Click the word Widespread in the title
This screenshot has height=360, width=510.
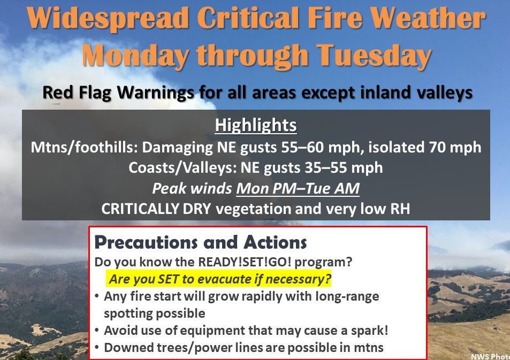[108, 18]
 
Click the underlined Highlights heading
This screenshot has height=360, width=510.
[256, 125]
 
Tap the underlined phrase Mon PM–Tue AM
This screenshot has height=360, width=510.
[298, 188]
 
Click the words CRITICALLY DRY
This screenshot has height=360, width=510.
[156, 209]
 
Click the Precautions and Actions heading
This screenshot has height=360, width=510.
[200, 242]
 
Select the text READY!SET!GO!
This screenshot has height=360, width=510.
[245, 262]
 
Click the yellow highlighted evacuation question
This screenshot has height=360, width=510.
[219, 279]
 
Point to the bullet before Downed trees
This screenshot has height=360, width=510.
[97, 348]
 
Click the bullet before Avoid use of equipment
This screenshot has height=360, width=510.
[97, 331]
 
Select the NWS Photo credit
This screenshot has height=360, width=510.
[491, 356]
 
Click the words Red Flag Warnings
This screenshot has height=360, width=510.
[118, 93]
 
